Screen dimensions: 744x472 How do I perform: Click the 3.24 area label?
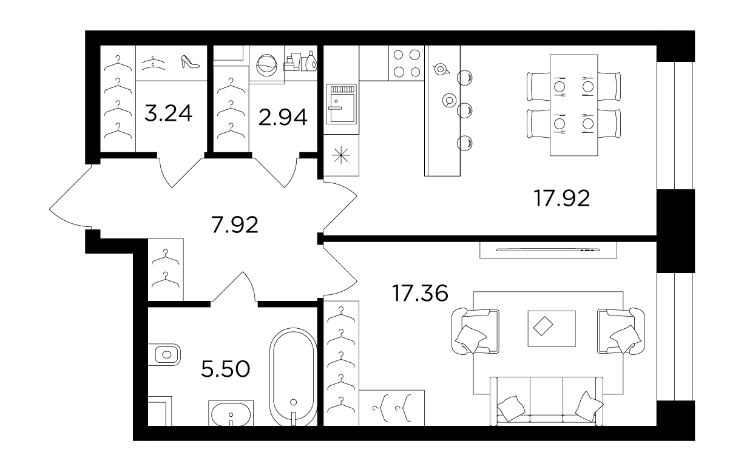pyautogui.click(x=168, y=113)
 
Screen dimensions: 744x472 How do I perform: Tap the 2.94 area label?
pyautogui.click(x=283, y=118)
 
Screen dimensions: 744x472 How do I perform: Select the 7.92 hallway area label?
pyautogui.click(x=235, y=224)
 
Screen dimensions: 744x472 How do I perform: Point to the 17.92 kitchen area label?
pyautogui.click(x=562, y=198)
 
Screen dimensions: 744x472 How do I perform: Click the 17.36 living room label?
pyautogui.click(x=420, y=293)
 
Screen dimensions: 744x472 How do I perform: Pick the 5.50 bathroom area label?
pyautogui.click(x=226, y=369)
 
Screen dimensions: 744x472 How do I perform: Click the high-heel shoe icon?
pyautogui.click(x=190, y=62)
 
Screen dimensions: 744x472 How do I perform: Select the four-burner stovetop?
pyautogui.click(x=407, y=63)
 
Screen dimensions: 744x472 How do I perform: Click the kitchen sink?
pyautogui.click(x=342, y=104)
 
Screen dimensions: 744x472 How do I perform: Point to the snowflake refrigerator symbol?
pyautogui.click(x=341, y=155)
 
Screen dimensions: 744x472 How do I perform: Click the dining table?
pyautogui.click(x=573, y=106)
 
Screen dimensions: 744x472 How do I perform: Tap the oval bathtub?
pyautogui.click(x=293, y=377)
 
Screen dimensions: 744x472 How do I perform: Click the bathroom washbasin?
pyautogui.click(x=231, y=413)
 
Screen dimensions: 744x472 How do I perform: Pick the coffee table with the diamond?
pyautogui.click(x=552, y=328)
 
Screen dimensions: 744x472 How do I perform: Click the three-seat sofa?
pyautogui.click(x=546, y=401)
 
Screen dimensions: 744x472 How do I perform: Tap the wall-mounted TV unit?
pyautogui.click(x=548, y=250)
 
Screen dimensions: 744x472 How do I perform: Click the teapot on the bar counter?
pyautogui.click(x=441, y=69)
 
